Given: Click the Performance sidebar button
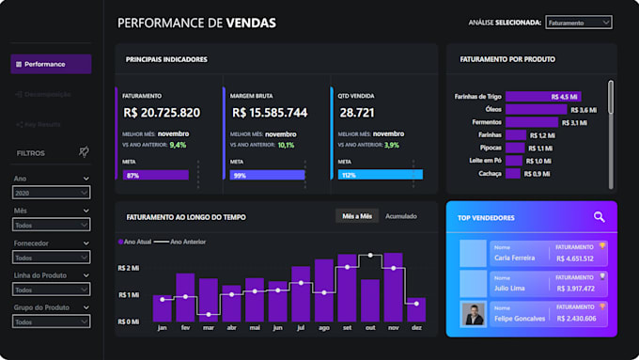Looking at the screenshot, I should (51, 64).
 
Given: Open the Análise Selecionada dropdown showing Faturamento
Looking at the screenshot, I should (578, 23).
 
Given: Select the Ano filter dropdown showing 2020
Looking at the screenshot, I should (52, 193).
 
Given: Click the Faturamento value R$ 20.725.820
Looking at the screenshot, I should (162, 113).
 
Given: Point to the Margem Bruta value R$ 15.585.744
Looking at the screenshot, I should (269, 113).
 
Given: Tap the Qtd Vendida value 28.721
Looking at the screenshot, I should (358, 113).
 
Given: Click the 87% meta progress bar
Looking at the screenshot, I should (155, 175).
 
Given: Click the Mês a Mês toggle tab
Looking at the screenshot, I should (357, 216).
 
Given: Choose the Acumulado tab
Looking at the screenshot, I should (401, 216).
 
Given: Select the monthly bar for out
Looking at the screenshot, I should (370, 287).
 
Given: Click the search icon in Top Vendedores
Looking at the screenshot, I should (600, 217).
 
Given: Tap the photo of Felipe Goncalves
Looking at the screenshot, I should (473, 314).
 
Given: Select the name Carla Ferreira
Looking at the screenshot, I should (514, 258).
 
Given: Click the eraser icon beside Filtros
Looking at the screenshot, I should (84, 152).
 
